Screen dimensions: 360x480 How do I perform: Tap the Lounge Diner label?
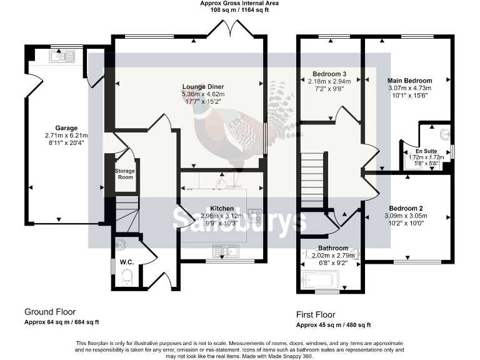(x=203, y=86)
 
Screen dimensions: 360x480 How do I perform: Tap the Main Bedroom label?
(x=409, y=81)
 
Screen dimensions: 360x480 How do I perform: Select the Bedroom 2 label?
(x=406, y=208)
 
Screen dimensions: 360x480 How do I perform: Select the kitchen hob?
(x=255, y=216)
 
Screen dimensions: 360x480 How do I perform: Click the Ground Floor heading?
(x=50, y=311)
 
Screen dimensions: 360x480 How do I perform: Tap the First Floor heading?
(x=315, y=314)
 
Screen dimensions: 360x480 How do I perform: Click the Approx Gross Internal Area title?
(x=239, y=4)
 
